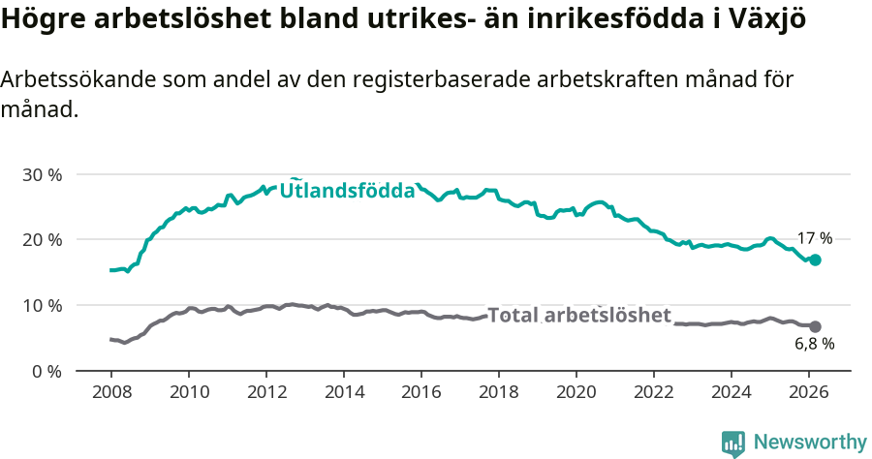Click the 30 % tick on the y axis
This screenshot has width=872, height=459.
pos(42,174)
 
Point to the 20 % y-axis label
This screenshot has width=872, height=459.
pos(42,239)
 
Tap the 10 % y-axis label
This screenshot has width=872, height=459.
pos(42,305)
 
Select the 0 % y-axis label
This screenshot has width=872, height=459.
pos(46,370)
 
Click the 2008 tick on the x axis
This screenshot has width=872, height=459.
pos(110,392)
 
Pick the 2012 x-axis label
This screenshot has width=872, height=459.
pos(265,392)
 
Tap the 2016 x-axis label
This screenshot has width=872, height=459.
pos(420,392)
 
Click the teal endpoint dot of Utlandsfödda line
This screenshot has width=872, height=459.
pos(815,260)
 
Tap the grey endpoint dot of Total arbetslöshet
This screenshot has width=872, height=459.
pos(815,326)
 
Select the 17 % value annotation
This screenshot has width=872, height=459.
pos(814,238)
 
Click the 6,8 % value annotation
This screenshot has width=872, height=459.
pos(814,344)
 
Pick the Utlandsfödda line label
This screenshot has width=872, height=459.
pos(347,191)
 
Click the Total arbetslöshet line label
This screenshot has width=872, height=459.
pos(578,316)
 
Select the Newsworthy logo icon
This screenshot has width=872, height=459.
pos(733,443)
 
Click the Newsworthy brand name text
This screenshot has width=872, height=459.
pos(809,443)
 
